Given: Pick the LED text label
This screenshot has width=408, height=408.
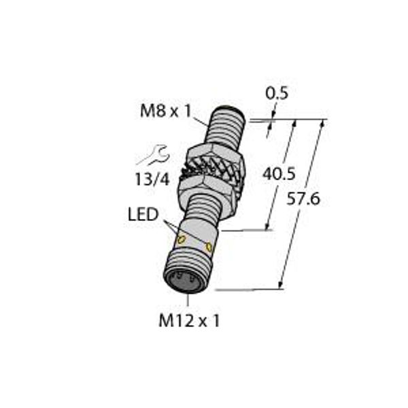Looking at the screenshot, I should [143, 216].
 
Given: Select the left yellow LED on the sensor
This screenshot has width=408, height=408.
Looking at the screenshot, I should [182, 239].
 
